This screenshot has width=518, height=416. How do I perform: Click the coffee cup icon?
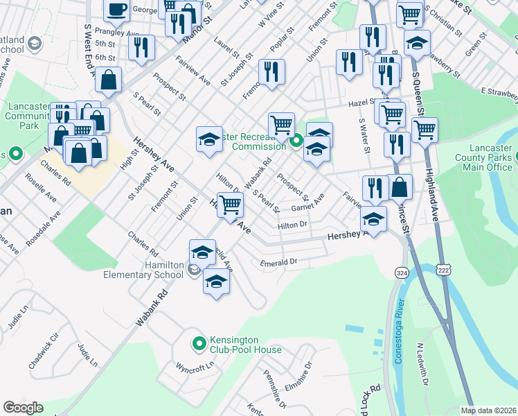[x=116, y=9]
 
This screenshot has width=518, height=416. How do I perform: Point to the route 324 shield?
[x=401, y=270]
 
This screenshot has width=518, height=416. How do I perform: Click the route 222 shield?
[x=440, y=269]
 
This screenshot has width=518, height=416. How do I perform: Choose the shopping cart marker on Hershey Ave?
[x=230, y=205]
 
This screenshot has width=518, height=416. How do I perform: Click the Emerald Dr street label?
[x=278, y=262]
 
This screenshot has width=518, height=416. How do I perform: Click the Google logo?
[x=23, y=407]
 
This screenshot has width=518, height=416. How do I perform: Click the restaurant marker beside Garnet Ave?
[x=374, y=187]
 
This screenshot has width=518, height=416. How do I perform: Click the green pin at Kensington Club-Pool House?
[x=199, y=343]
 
